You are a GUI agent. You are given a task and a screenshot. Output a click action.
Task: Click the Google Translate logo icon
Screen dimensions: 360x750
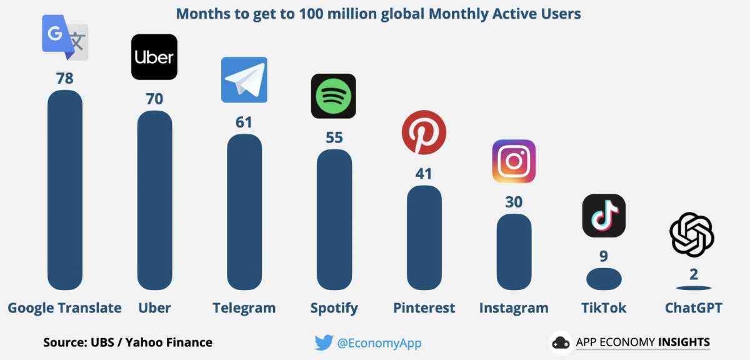pos(65,37)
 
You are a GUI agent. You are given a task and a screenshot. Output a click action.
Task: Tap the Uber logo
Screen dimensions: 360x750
pos(154,57)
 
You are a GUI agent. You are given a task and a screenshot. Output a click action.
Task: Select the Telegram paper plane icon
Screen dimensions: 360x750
pos(244,79)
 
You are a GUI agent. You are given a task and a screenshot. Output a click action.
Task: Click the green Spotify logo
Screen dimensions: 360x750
pos(334,96)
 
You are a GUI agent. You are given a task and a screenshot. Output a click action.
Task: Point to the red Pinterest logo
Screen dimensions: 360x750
pos(424,132)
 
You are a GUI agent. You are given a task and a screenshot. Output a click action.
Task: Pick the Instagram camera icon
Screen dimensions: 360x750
pos(514,161)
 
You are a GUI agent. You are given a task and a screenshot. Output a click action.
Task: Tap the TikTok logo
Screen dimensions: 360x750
pos(604,216)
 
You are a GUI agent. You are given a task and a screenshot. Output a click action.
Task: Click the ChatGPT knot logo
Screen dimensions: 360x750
pos(692,234)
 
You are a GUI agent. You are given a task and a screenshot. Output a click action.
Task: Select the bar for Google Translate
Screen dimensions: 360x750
pos(65,190)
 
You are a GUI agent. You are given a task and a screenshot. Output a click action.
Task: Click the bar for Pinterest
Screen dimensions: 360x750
pos(424,237)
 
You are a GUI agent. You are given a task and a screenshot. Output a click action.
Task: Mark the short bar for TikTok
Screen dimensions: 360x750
pos(604,279)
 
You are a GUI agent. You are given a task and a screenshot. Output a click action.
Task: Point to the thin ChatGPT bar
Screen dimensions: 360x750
pos(694,288)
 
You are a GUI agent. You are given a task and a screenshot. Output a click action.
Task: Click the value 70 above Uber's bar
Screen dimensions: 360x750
pos(154,99)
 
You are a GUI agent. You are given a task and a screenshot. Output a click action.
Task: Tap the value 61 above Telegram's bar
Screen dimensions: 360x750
pos(244,122)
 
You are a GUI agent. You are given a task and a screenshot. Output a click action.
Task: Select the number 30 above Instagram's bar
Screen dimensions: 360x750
pos(514,202)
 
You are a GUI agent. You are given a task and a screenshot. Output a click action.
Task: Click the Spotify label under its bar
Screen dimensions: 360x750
pos(334,308)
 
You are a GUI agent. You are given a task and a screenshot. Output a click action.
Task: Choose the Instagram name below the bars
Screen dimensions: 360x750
pos(514,308)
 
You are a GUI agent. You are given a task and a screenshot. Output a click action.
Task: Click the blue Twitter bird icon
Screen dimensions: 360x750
pos(324,342)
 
